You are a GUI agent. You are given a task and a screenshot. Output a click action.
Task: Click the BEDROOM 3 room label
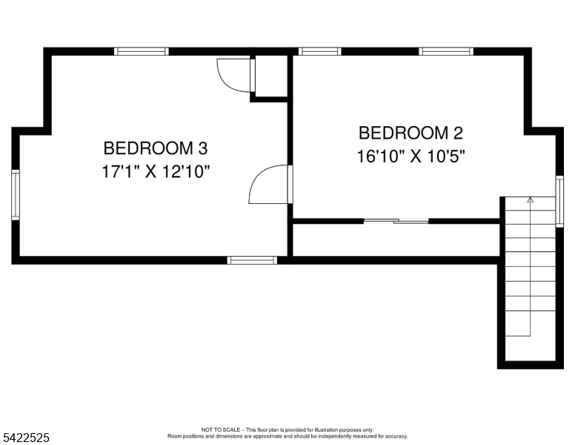click(x=155, y=148)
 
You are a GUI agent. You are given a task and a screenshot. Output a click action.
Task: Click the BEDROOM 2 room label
click(x=411, y=133)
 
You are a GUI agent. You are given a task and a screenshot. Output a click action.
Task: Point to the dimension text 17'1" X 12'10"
click(x=156, y=172)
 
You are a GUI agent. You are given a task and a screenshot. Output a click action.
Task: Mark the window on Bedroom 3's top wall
click(x=141, y=52)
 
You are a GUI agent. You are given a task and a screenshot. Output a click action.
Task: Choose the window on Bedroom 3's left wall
click(x=16, y=194)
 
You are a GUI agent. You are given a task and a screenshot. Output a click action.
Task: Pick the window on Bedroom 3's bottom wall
click(x=252, y=260)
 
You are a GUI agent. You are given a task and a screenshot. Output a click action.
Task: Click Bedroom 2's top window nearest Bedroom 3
click(x=320, y=52)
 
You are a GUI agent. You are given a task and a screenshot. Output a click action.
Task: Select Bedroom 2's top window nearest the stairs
click(x=445, y=52)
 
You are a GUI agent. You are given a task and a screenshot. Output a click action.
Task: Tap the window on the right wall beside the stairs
click(x=559, y=201)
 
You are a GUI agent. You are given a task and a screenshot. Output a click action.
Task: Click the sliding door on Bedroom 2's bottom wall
click(x=396, y=220)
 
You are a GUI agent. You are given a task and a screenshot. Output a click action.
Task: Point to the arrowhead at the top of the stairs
click(x=530, y=200)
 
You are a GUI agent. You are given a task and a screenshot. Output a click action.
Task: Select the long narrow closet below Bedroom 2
click(x=396, y=240)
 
